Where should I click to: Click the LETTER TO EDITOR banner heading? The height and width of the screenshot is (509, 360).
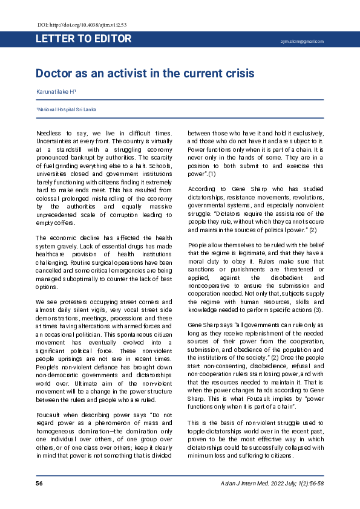[83, 39]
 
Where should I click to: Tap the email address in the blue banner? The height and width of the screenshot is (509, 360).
[302, 42]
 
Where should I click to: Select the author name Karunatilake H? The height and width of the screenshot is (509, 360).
[56, 91]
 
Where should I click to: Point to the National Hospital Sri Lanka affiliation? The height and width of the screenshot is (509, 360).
[66, 109]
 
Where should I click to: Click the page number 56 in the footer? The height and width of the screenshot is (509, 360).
[39, 484]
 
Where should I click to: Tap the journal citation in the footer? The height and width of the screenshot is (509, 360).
[272, 484]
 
